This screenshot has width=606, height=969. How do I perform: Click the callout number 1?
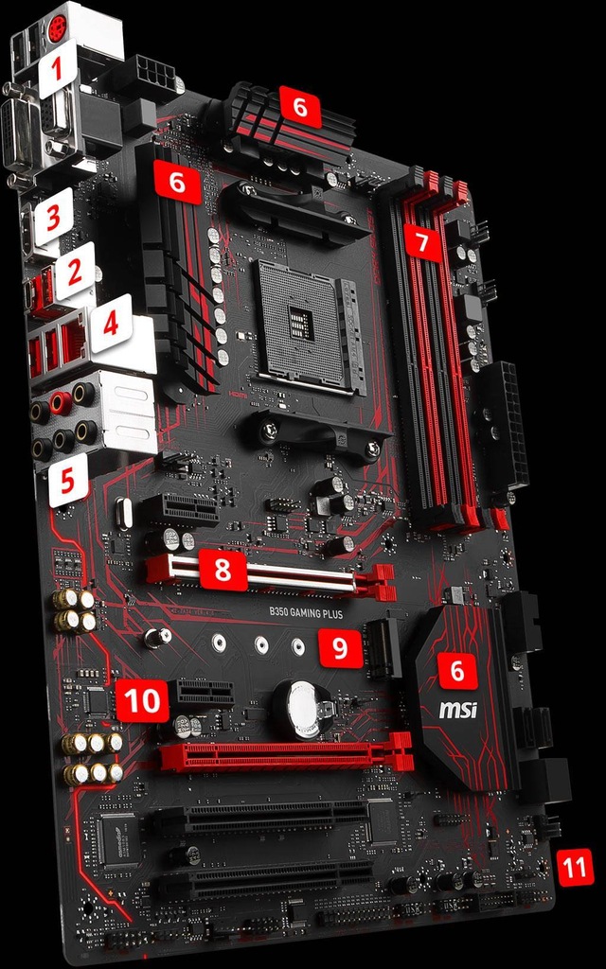coord(57,67)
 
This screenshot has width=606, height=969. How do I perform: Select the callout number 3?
coord(53,216)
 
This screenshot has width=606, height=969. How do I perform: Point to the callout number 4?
coord(111,324)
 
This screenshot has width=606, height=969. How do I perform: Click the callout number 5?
coord(67,481)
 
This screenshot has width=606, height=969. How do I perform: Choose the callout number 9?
coord(339,648)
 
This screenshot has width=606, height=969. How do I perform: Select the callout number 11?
coord(575,866)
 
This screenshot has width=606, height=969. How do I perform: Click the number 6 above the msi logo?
coord(457,670)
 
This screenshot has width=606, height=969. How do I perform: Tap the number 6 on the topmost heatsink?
coord(300,106)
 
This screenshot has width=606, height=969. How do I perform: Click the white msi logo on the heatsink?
coord(457,709)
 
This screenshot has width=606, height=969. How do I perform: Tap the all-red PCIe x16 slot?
coord(284,756)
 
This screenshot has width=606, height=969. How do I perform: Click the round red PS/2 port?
coord(57,28)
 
